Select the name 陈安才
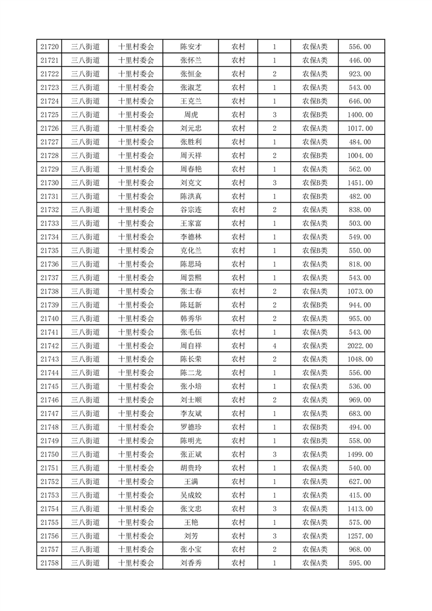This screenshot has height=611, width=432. (x=191, y=47)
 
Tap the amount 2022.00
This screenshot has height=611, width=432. (x=360, y=346)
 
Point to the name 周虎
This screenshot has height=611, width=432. (x=191, y=115)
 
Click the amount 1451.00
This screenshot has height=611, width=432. (x=360, y=183)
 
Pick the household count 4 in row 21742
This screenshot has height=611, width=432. (x=274, y=346)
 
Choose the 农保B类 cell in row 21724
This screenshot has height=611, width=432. (x=314, y=101)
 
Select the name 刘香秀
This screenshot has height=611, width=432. (x=191, y=563)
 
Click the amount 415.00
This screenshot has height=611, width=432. (x=360, y=495)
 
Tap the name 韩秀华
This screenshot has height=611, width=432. (x=191, y=319)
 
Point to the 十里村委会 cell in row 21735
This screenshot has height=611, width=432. (x=136, y=250)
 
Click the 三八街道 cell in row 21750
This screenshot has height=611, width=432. (x=86, y=454)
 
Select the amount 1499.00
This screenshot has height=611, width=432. (x=360, y=454)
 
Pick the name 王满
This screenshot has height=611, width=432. (x=191, y=481)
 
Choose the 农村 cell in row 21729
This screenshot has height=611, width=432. (x=238, y=169)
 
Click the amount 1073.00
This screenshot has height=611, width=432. (x=360, y=291)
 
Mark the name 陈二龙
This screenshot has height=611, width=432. (x=191, y=373)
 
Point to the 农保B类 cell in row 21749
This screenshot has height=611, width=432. (x=314, y=441)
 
